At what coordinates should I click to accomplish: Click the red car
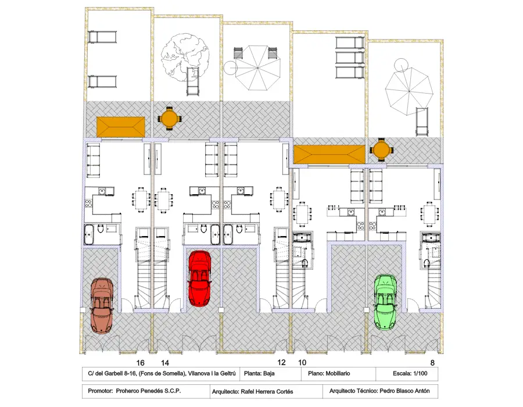tap(199, 279)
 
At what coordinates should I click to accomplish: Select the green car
tap(386, 302)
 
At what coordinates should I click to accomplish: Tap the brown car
tap(102, 306)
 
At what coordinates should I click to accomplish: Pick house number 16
tap(141, 363)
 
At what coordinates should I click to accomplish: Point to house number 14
tap(165, 363)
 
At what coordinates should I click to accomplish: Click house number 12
tap(281, 362)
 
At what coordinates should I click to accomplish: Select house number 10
tap(302, 362)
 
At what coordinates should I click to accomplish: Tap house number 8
tap(432, 363)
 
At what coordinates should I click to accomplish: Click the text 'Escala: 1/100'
tap(410, 373)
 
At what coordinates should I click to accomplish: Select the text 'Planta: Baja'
tap(259, 373)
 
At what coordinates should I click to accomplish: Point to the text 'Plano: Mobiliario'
tap(329, 373)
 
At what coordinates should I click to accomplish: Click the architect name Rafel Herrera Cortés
tap(267, 392)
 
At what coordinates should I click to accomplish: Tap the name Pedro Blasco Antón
tap(404, 391)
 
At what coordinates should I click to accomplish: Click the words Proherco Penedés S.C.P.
tap(148, 391)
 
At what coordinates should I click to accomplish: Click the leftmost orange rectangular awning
tap(121, 127)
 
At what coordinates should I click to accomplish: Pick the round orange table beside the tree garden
tap(170, 118)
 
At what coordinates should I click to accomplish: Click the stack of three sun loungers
tap(350, 58)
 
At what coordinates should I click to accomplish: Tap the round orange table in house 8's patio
tap(382, 150)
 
